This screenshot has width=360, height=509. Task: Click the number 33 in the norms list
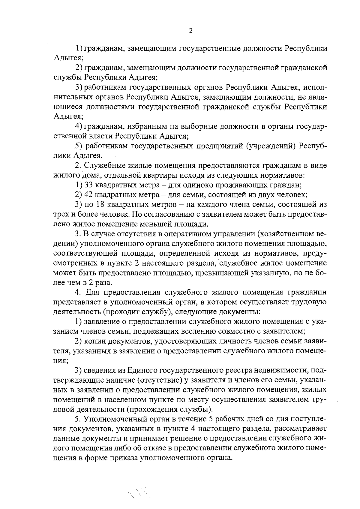pos(90,185)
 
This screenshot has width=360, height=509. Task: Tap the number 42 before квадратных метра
pos(90,195)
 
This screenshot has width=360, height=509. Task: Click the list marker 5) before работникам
pos(79,146)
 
